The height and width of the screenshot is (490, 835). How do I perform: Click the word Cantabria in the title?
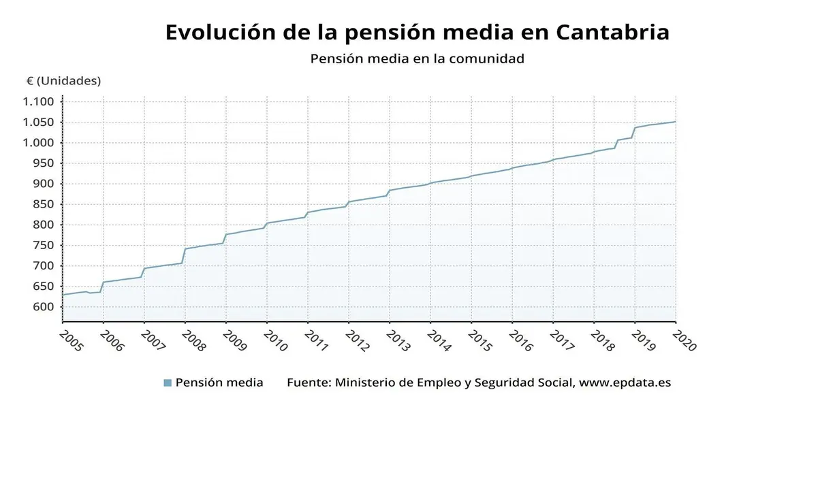(x=612, y=32)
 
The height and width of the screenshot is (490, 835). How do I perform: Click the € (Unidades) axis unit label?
(x=63, y=81)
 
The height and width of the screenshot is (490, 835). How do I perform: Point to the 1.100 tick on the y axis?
(x=38, y=102)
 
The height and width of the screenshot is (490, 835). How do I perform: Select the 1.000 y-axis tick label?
(x=38, y=143)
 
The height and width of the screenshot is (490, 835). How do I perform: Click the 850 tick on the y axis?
(x=42, y=204)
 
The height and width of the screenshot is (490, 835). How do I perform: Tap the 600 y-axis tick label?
(x=42, y=307)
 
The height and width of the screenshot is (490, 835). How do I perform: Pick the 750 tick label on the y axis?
(x=42, y=245)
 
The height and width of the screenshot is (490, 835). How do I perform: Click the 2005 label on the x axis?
(x=72, y=340)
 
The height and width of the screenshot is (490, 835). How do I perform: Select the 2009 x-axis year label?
(x=235, y=340)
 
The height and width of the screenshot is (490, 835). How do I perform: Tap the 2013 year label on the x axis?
(x=398, y=340)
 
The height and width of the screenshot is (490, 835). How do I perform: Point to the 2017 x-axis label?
(x=562, y=340)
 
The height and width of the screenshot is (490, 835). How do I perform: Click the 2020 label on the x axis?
(x=684, y=340)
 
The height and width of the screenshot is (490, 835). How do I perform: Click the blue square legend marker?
(x=168, y=383)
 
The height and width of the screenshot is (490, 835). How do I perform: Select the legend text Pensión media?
(x=219, y=382)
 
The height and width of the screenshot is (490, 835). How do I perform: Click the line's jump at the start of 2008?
(x=184, y=256)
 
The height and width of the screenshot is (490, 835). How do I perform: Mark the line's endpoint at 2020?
(x=675, y=122)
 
